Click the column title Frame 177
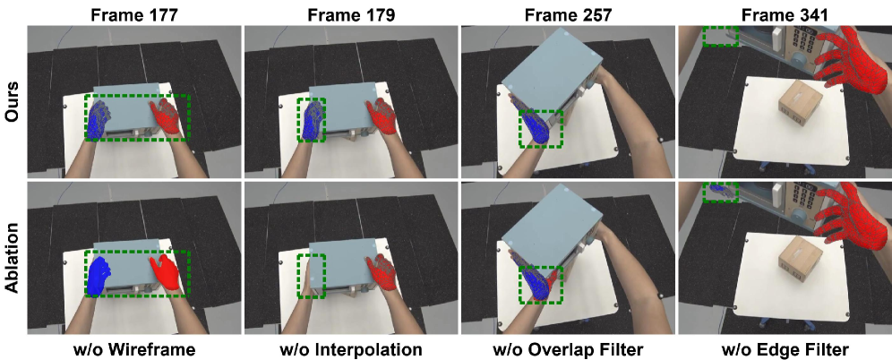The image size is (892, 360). point(134,14)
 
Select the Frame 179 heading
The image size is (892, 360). point(351,14)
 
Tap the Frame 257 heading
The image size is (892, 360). point(569,14)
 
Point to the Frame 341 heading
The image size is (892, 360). point(785,14)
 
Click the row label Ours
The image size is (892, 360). point(13,102)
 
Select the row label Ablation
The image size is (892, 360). point(13,258)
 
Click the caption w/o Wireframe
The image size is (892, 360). point(134,348)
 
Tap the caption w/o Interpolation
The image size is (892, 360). point(351,348)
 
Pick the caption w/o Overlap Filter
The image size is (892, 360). point(569,348)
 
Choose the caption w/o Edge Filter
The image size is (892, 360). point(785,348)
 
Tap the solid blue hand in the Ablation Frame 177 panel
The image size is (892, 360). point(99,276)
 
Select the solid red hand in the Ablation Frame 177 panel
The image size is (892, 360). point(166,272)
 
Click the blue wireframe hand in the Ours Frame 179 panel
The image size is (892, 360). point(313,120)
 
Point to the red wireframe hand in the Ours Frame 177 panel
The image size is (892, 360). point(167,117)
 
